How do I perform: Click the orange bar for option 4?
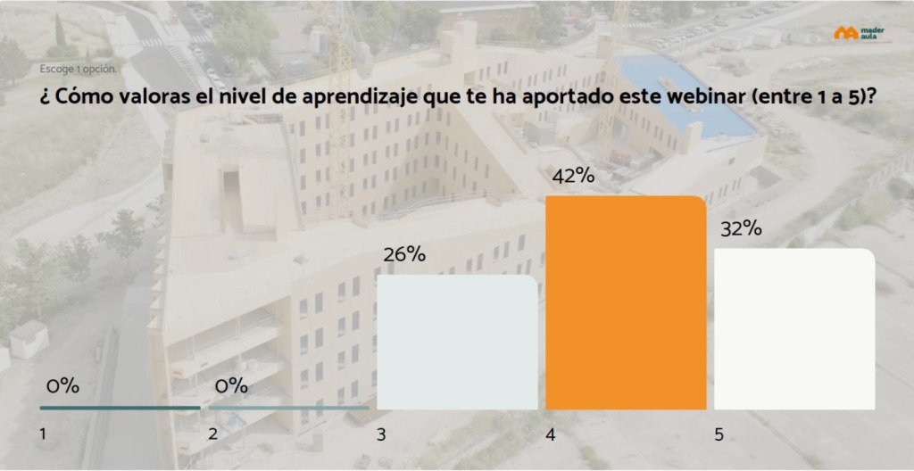point(626,303)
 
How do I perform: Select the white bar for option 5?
point(794,329)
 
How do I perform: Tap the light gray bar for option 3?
point(457,343)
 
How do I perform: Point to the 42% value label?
point(573,177)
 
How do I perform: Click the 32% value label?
point(740,228)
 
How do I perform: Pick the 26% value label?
point(403,254)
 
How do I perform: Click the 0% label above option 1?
point(62,386)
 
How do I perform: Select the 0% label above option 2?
point(231,386)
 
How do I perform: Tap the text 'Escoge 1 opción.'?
point(79,69)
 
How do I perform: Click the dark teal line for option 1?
point(120,408)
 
